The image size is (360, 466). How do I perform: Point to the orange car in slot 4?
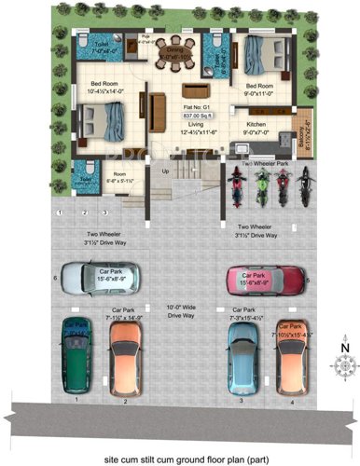[x=290, y=352]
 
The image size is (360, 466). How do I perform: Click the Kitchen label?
[x=256, y=123]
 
